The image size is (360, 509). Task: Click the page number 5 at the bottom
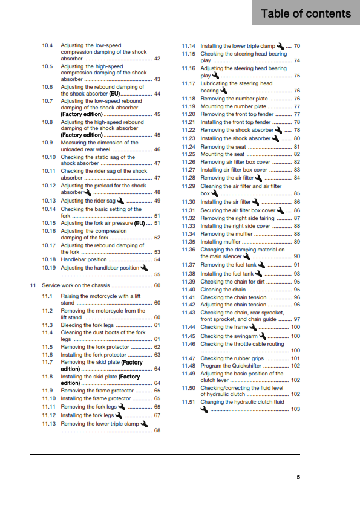298,477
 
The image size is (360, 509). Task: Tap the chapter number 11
33,285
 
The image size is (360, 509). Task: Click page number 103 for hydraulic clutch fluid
295,409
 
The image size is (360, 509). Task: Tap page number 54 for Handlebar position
157,259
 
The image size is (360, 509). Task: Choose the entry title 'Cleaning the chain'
223,290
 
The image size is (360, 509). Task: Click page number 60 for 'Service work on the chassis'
157,285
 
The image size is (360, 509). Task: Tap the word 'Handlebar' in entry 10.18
74,259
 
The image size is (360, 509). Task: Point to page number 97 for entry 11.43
296,319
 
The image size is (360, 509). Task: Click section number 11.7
48,362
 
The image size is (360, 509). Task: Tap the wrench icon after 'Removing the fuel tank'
261,264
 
